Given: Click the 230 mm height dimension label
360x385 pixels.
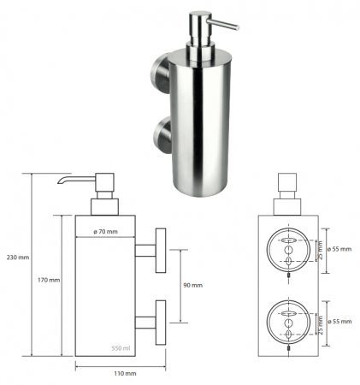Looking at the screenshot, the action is point(18,258).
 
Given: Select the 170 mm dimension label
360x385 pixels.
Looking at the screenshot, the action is point(49,280).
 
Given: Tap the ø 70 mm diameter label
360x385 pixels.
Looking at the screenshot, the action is point(105,232).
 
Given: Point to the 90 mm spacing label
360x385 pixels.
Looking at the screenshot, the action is point(192,285).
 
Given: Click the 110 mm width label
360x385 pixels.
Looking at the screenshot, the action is point(125,373).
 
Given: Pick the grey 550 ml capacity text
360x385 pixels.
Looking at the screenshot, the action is point(121,348).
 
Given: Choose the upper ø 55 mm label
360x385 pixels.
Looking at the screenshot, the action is point(339,249).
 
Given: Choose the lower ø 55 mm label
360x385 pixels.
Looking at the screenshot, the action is point(339,322).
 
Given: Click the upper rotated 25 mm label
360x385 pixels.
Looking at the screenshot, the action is point(320,250).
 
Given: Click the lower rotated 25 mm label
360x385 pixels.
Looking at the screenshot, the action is point(320,325).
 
